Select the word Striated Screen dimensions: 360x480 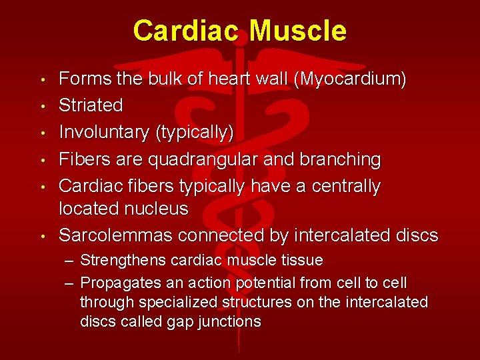[91, 105]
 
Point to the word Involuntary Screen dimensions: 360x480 [104, 132]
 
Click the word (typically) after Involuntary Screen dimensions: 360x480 [194, 132]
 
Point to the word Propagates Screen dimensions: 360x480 [117, 283]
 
